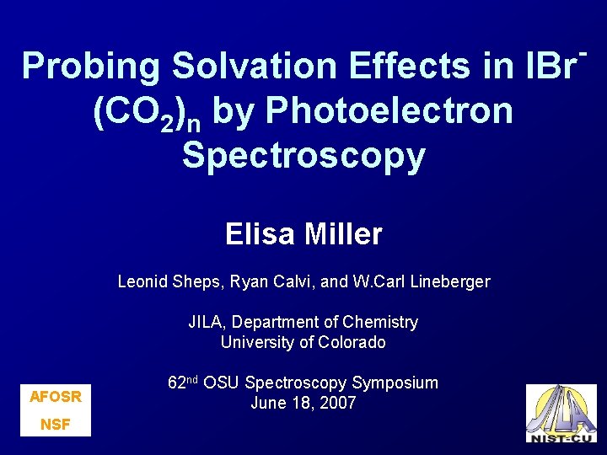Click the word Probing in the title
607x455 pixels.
point(90,67)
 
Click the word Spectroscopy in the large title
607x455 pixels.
point(303,155)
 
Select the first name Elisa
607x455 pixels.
point(259,233)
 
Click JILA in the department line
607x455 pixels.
point(206,322)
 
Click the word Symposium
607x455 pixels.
point(395,383)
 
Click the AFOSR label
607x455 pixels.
point(56,396)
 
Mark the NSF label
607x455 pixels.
point(56,425)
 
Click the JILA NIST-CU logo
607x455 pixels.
point(561,413)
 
